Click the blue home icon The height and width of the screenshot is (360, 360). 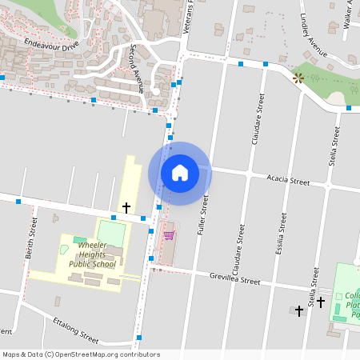[x=179, y=172]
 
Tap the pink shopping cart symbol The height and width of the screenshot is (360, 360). [x=169, y=234]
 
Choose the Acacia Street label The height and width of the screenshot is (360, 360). [x=288, y=182]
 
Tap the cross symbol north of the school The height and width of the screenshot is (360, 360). [x=126, y=208]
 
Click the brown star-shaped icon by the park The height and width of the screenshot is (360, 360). [x=298, y=78]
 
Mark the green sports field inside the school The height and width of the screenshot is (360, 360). [x=112, y=234]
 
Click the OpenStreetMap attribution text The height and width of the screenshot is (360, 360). [x=81, y=354]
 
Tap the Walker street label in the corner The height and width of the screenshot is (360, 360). [x=349, y=14]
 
